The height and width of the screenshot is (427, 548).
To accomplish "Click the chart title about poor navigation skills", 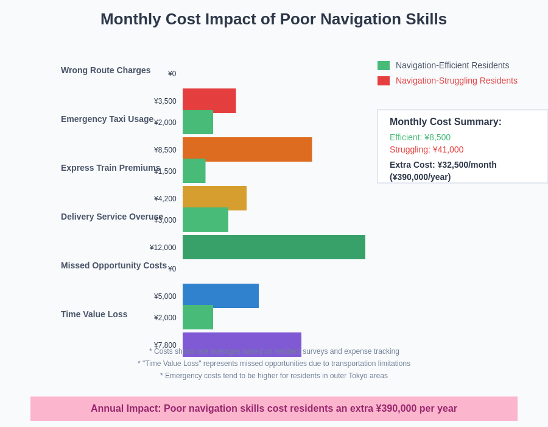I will (273, 19).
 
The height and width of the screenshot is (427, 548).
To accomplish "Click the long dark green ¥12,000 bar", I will (274, 247).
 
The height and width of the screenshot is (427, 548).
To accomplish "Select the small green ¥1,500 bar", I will (194, 171).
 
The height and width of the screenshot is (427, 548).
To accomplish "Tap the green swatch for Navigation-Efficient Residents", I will (384, 65).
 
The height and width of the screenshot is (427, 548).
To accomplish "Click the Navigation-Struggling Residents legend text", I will (456, 81).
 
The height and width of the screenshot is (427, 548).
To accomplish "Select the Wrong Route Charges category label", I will (105, 70).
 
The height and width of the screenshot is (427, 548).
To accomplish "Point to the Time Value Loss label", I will (94, 314).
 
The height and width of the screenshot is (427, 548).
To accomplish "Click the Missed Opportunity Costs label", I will (113, 265).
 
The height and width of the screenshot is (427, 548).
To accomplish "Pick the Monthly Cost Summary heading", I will (445, 122).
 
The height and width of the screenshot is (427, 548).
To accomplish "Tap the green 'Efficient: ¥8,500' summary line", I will (420, 137).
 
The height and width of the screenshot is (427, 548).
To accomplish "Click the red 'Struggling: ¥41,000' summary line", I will (426, 149).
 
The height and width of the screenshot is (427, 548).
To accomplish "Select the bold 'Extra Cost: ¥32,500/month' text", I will (443, 165).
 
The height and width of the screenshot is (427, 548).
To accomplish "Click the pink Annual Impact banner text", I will (274, 409).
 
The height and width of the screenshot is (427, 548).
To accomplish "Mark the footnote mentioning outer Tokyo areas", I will (274, 376).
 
